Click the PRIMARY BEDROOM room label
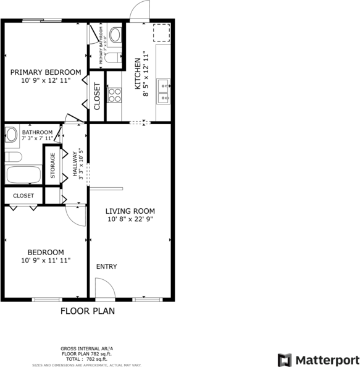[x=46, y=72]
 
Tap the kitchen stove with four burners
[x=114, y=95]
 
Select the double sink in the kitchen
[x=164, y=90]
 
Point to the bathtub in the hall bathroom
[x=23, y=174]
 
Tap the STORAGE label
[x=52, y=166]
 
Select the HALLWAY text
[x=74, y=164]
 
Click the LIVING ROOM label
[x=130, y=210]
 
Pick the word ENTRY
[x=106, y=267]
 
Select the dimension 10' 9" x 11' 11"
[x=46, y=261]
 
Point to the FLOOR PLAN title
[x=87, y=311]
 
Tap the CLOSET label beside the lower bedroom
[x=23, y=196]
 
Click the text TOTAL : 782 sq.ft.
[x=86, y=359]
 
